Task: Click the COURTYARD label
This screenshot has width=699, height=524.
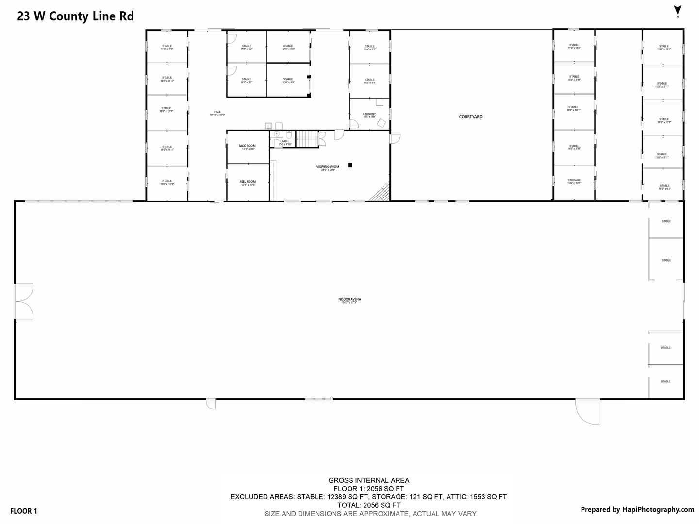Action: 470,117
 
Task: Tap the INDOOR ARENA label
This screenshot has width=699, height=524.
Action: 349,299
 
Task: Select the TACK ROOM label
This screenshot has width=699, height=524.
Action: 247,146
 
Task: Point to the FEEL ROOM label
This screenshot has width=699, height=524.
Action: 248,182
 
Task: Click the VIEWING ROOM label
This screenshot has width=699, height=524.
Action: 328,167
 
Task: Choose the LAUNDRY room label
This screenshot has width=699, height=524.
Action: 369,114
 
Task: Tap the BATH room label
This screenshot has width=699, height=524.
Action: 285,141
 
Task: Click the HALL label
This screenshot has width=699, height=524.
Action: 217,112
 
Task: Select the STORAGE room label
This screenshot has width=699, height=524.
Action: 574,180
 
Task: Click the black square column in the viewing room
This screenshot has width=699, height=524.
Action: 350,165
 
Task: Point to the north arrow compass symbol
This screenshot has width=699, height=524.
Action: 678,10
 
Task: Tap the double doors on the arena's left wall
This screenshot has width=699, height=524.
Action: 23,301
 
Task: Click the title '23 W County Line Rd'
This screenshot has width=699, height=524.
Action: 76,16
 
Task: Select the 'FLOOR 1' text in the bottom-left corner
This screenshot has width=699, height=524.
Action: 23,511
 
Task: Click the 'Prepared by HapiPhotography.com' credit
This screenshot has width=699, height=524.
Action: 637,509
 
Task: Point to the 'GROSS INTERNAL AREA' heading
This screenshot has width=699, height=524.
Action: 368,480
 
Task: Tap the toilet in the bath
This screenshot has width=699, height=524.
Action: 288,134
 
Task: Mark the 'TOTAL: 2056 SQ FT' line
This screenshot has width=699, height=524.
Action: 368,505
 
